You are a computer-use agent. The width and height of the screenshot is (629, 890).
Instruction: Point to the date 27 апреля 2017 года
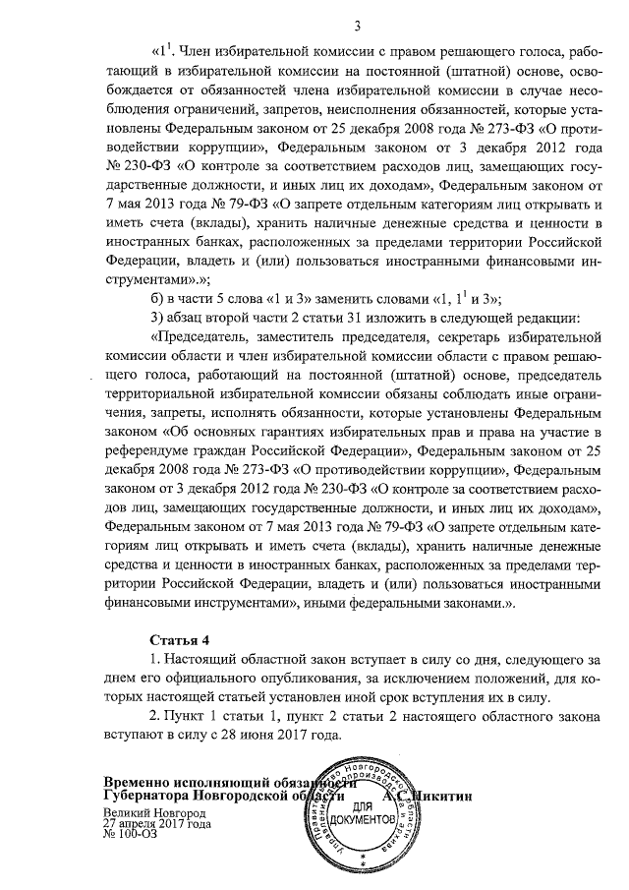pyautogui.click(x=158, y=824)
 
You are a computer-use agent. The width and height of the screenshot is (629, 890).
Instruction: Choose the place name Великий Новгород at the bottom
pyautogui.click(x=153, y=814)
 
